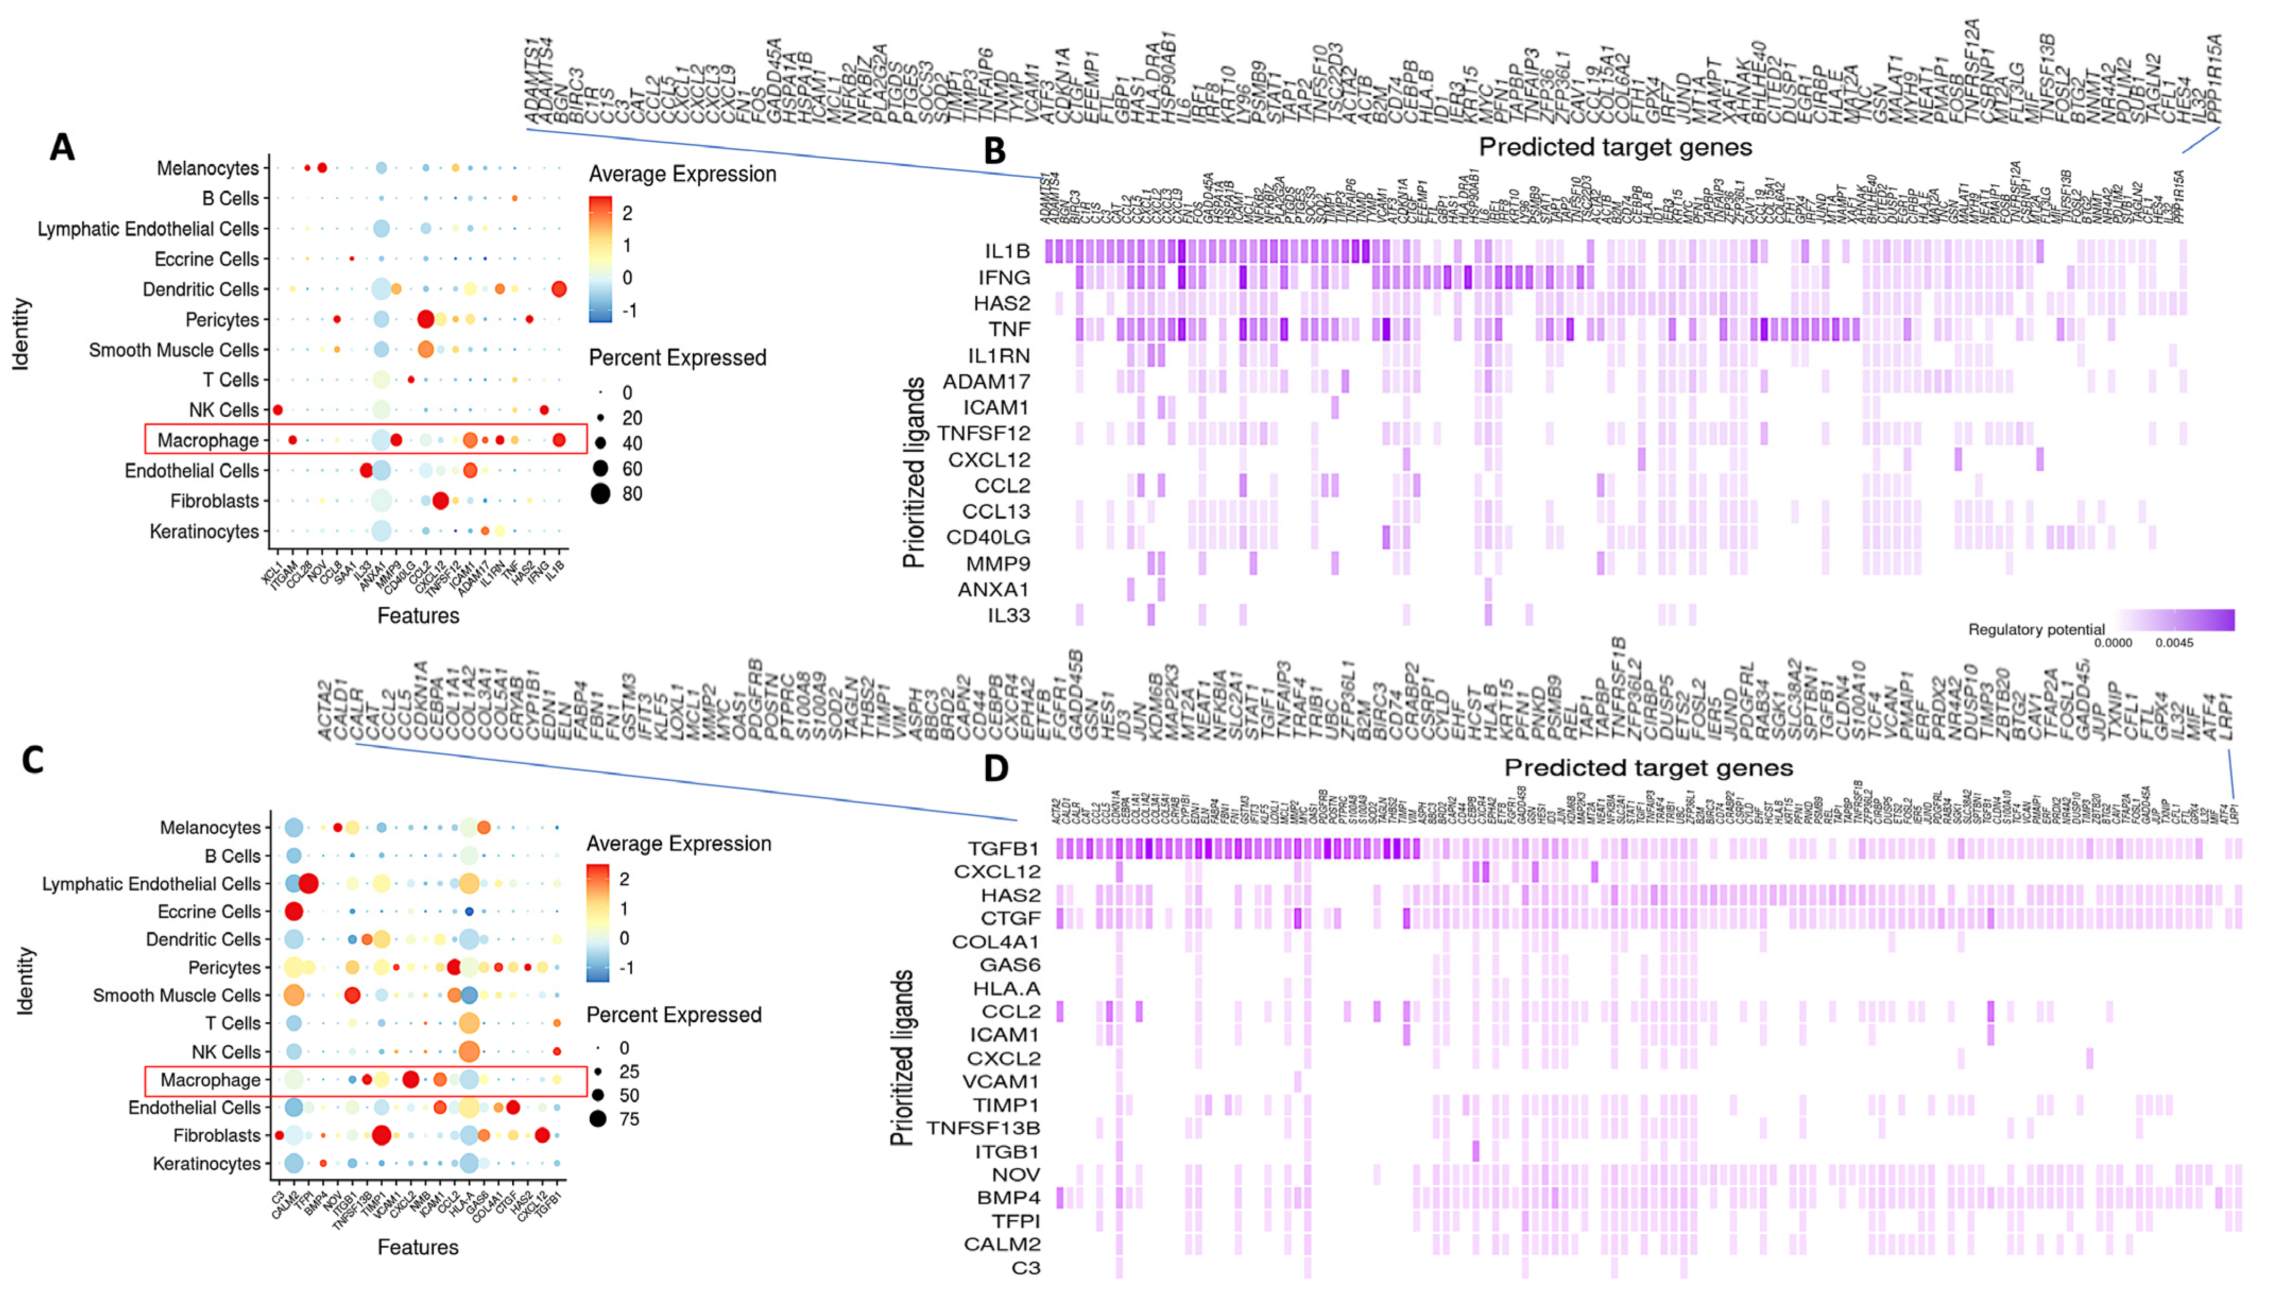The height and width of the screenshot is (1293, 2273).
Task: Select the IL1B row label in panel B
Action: [x=1007, y=251]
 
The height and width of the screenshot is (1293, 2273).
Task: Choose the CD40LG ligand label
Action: [x=987, y=537]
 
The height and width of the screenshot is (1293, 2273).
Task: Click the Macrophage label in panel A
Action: [x=208, y=441]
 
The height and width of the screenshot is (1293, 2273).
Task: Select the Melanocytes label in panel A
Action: [x=208, y=169]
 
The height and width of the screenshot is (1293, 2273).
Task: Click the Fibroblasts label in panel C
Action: [x=217, y=1136]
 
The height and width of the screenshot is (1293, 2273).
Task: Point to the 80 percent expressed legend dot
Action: [x=601, y=494]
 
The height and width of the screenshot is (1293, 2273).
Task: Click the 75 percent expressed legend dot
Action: [x=598, y=1119]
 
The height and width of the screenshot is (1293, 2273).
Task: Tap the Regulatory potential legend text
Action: [x=2036, y=630]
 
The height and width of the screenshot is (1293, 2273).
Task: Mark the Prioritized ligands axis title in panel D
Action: [x=902, y=1057]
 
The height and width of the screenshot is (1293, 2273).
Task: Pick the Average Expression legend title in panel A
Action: [x=682, y=174]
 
